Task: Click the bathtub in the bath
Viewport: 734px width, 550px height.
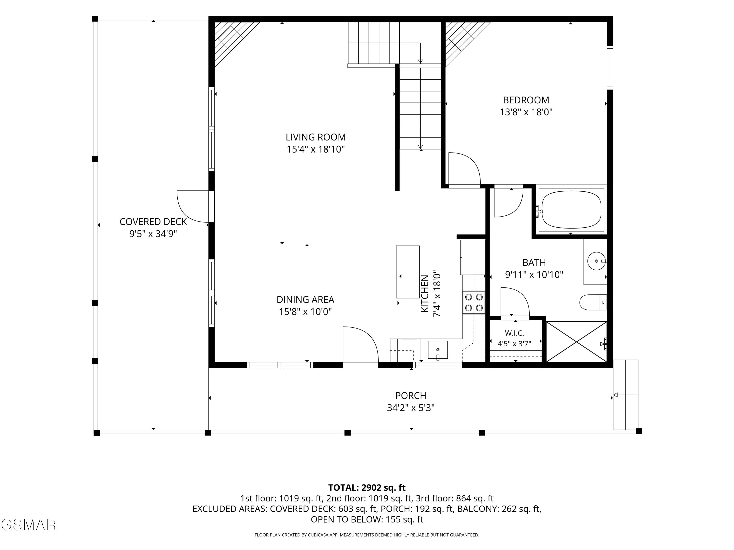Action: pyautogui.click(x=571, y=209)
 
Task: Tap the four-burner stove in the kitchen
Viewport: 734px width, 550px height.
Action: pyautogui.click(x=474, y=302)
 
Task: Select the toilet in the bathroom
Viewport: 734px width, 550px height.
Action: pyautogui.click(x=593, y=302)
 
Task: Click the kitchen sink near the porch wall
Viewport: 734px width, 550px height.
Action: pyautogui.click(x=438, y=350)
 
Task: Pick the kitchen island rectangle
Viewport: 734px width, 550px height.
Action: pyautogui.click(x=408, y=272)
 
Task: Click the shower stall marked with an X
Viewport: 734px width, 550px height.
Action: pyautogui.click(x=576, y=341)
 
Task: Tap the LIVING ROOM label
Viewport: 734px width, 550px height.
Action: pyautogui.click(x=316, y=137)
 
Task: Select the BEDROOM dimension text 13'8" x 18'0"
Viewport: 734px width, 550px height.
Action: pyautogui.click(x=526, y=112)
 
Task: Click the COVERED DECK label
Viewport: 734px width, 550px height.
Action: pyautogui.click(x=153, y=221)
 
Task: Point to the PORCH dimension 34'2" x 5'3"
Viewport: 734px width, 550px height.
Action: pyautogui.click(x=411, y=407)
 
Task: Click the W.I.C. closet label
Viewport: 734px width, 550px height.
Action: pyautogui.click(x=514, y=333)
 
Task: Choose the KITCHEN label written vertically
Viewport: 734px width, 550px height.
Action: pyautogui.click(x=425, y=294)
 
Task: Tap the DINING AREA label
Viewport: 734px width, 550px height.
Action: pyautogui.click(x=305, y=299)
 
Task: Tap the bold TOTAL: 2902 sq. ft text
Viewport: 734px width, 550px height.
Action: pyautogui.click(x=367, y=488)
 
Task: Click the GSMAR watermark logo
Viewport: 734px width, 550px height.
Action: pyautogui.click(x=29, y=525)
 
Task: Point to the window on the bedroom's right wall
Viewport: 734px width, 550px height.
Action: pyautogui.click(x=610, y=68)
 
